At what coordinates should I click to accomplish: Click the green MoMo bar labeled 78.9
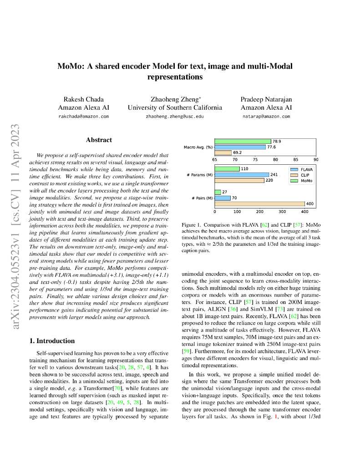coord(243,142)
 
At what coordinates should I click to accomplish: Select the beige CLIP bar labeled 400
coord(259,203)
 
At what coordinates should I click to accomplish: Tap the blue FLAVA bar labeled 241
coord(242,175)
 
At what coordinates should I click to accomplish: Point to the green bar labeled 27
coord(218,192)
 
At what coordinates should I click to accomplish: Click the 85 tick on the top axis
coord(296,159)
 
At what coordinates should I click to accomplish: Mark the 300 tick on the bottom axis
coord(282,212)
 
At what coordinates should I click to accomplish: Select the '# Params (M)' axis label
coord(200,175)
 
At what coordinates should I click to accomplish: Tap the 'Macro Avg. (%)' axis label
coord(198,147)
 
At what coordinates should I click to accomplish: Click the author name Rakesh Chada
coord(83,99)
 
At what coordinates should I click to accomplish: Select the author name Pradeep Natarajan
coord(266,99)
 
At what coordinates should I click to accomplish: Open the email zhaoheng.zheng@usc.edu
coord(175,116)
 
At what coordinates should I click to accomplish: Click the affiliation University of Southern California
coord(175,108)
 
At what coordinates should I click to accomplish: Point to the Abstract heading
coord(99,140)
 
